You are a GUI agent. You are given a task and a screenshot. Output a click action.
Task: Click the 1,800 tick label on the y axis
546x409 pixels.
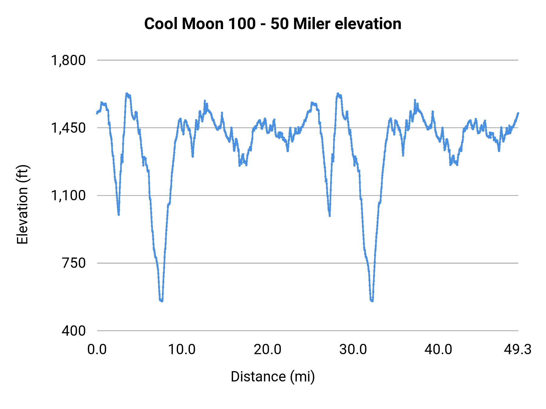pyautogui.click(x=68, y=60)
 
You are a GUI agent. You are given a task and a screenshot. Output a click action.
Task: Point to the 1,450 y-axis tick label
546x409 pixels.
pyautogui.click(x=68, y=128)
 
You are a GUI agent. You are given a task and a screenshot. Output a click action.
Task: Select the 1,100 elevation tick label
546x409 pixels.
pyautogui.click(x=68, y=195)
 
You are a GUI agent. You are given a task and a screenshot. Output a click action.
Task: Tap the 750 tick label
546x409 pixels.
pyautogui.click(x=74, y=263)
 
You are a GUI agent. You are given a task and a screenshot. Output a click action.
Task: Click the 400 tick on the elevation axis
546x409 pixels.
pyautogui.click(x=74, y=331)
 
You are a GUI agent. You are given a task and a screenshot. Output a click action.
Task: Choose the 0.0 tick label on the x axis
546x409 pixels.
pyautogui.click(x=97, y=350)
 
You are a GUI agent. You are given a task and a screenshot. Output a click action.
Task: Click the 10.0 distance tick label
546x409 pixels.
pyautogui.click(x=182, y=350)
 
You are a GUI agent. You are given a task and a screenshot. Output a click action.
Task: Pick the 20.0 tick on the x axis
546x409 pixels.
pyautogui.click(x=268, y=350)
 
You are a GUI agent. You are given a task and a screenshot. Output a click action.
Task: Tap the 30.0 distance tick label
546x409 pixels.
pyautogui.click(x=353, y=350)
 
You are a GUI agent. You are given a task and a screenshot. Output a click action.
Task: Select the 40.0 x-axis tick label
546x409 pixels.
pyautogui.click(x=438, y=350)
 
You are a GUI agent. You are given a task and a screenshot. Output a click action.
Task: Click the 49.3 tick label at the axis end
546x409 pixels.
pyautogui.click(x=518, y=350)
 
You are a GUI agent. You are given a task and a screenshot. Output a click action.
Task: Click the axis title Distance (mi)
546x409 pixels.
pyautogui.click(x=273, y=377)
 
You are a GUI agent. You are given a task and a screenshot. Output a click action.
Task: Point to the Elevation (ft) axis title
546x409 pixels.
pyautogui.click(x=22, y=205)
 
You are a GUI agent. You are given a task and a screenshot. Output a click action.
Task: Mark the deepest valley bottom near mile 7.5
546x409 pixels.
pyautogui.click(x=161, y=301)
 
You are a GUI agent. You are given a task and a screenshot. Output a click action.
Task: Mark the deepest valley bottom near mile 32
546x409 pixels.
pyautogui.click(x=372, y=301)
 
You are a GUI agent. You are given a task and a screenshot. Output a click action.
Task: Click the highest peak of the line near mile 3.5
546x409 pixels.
pyautogui.click(x=127, y=94)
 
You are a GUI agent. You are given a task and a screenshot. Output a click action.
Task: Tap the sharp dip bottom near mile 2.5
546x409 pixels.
pyautogui.click(x=119, y=214)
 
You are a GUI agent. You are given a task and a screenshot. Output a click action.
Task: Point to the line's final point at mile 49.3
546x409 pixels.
pyautogui.click(x=518, y=113)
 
